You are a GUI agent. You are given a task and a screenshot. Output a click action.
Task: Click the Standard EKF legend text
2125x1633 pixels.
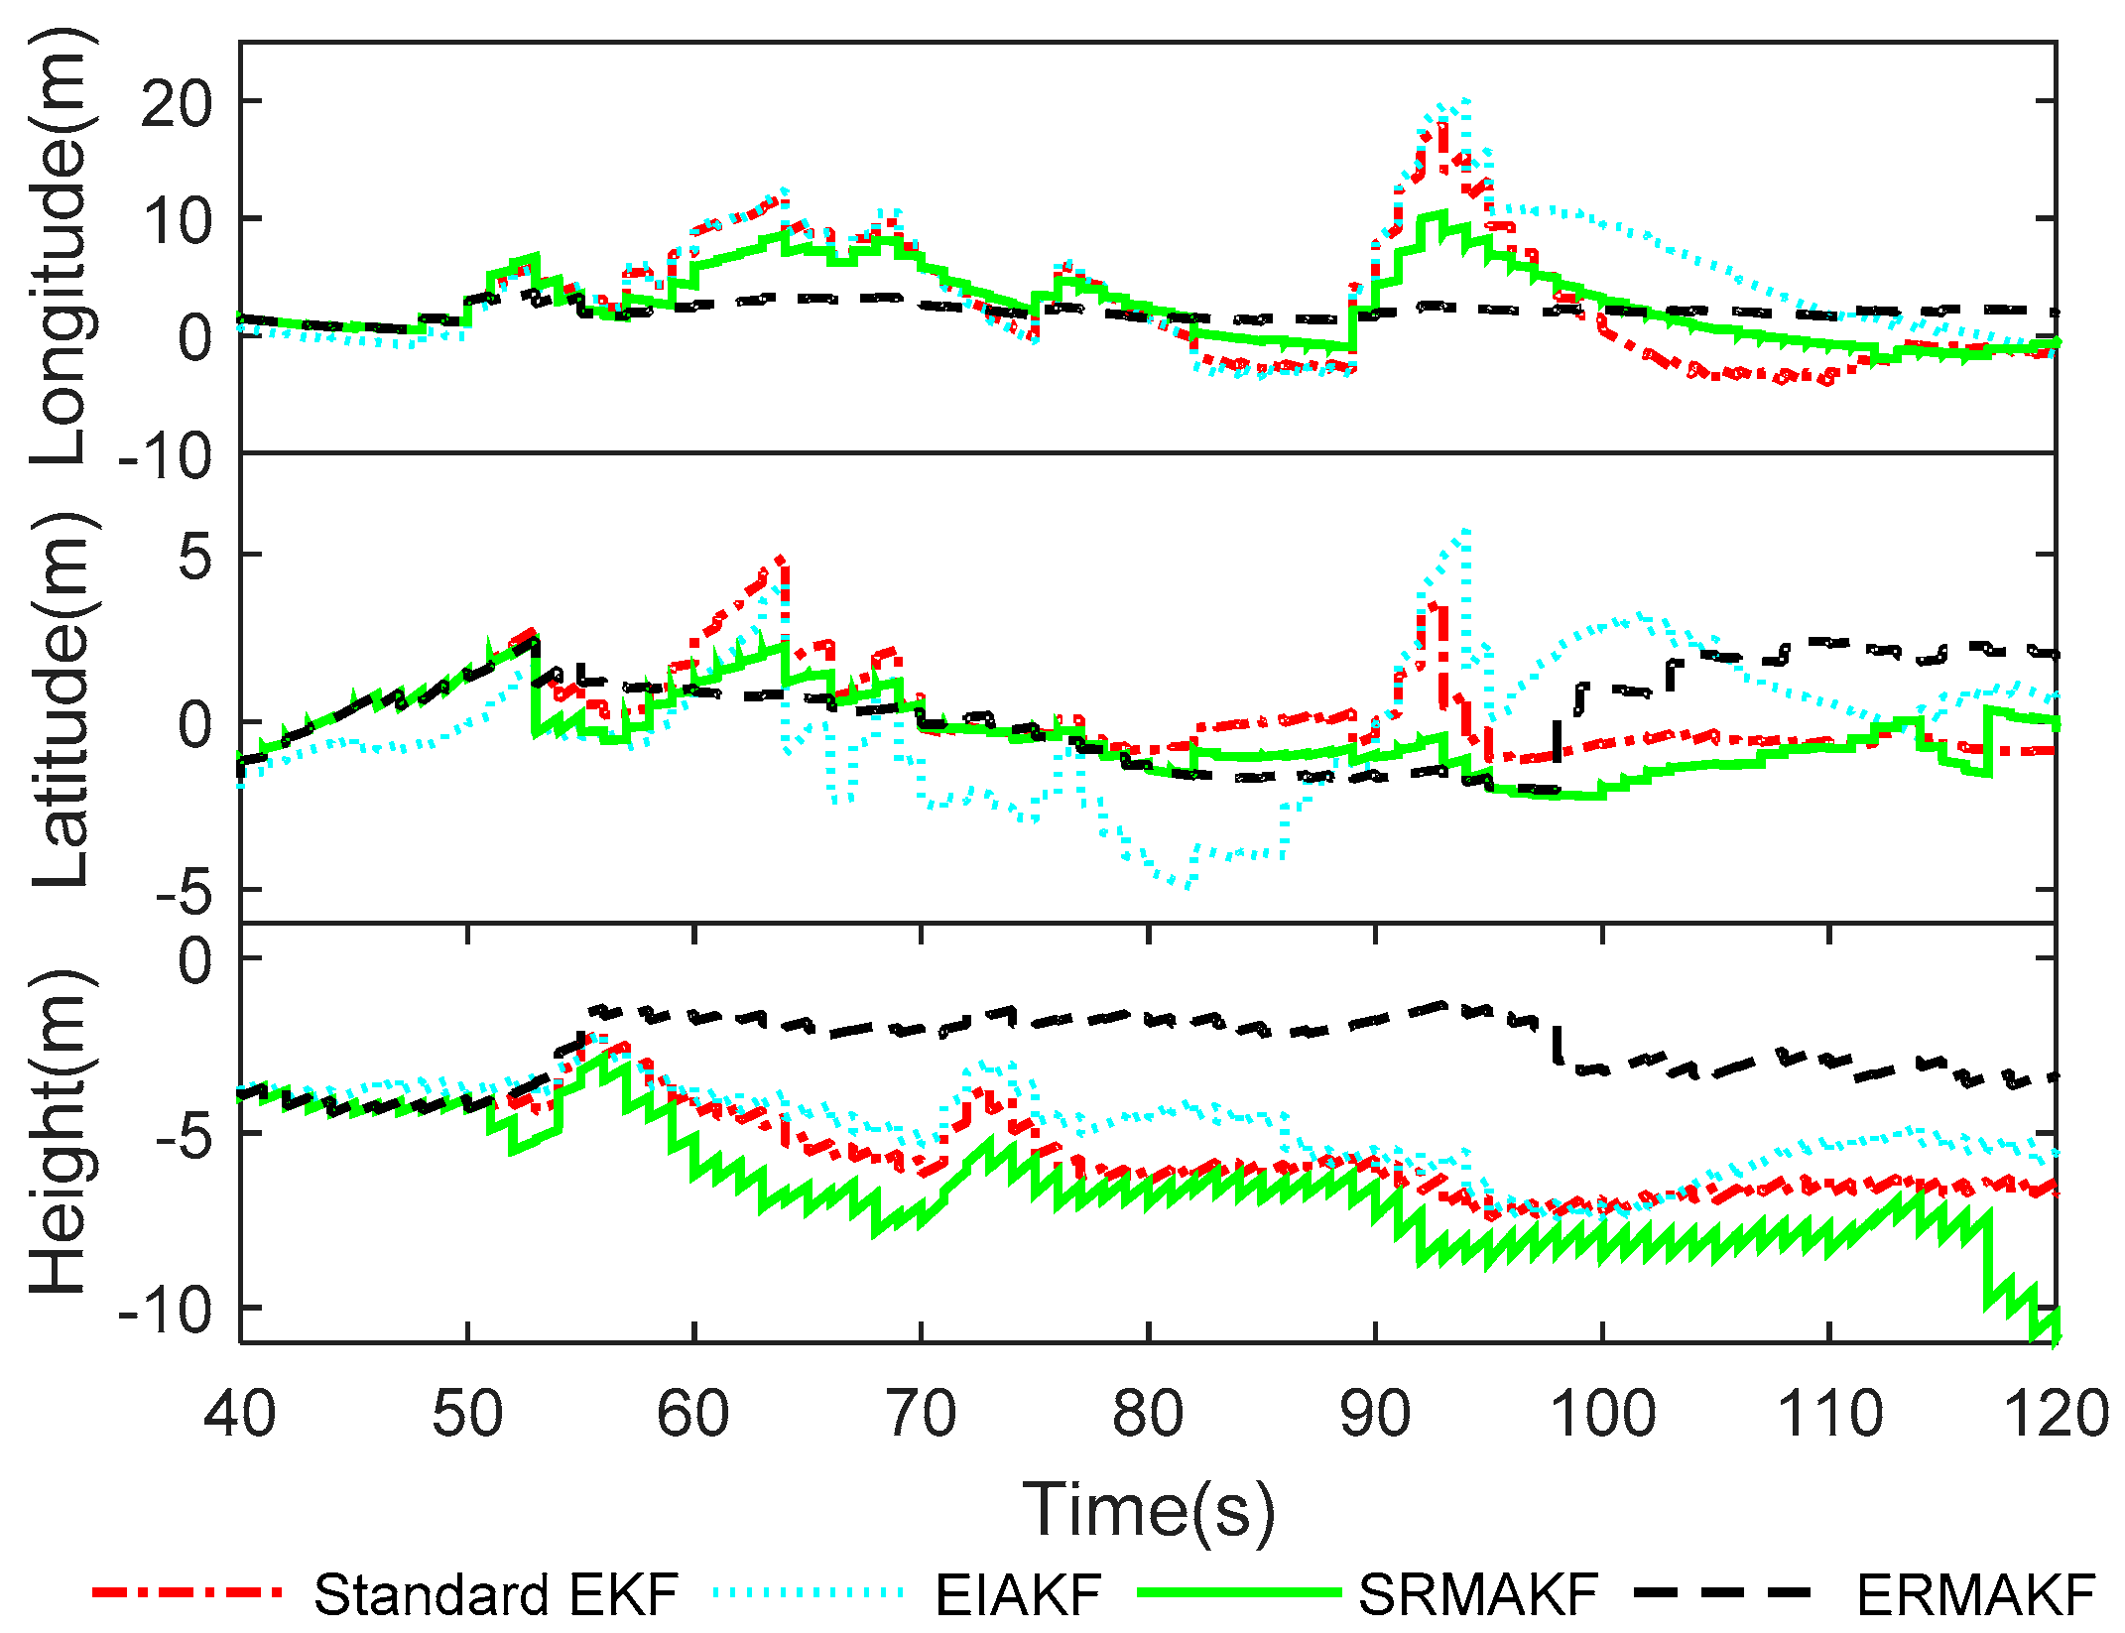496,1594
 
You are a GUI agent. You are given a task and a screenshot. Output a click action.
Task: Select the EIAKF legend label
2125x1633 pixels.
1018,1594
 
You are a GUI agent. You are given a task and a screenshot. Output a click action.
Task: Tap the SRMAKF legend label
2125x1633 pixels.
1478,1594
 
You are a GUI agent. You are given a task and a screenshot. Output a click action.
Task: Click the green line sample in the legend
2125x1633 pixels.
1240,1591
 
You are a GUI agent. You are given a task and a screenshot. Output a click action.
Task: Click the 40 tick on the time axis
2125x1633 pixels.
240,1413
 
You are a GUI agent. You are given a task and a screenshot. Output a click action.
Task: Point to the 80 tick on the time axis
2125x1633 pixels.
1148,1413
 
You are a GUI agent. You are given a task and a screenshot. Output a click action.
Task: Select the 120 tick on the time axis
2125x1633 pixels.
2056,1413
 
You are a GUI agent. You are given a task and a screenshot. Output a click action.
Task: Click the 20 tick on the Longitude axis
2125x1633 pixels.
177,103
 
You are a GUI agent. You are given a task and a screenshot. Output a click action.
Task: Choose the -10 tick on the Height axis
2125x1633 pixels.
165,1312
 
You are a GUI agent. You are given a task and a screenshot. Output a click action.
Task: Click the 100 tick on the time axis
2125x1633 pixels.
1602,1413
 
